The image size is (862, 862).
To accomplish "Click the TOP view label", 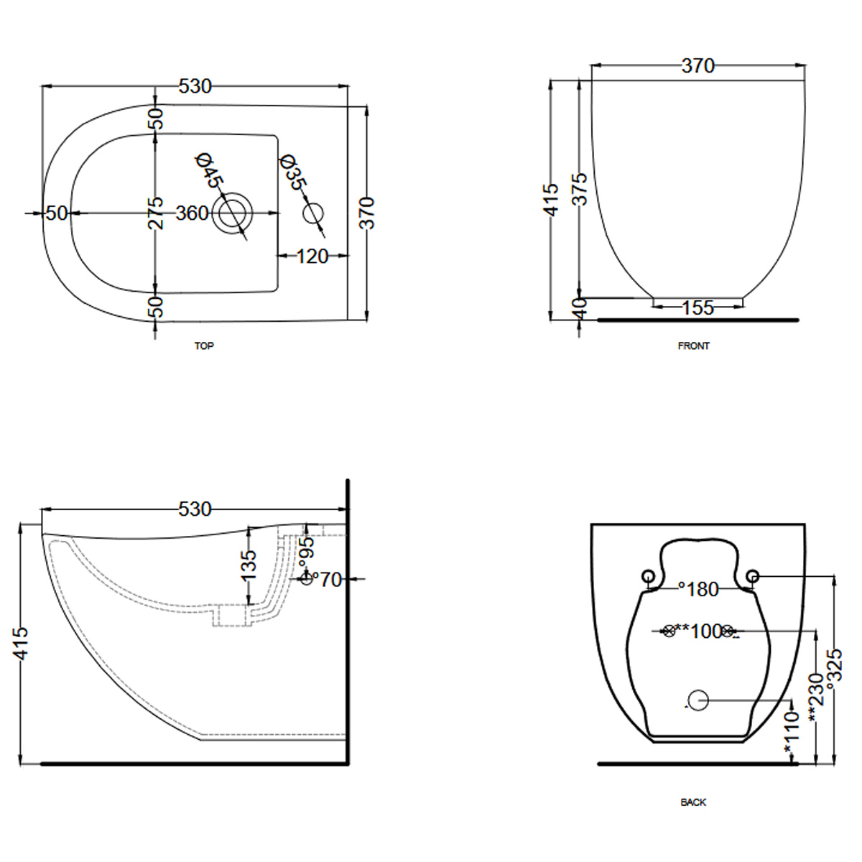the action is click(204, 346).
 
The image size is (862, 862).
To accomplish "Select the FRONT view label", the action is click(693, 346).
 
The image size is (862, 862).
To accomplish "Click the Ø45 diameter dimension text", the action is click(209, 172).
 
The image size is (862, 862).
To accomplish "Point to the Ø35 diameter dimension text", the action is click(294, 172).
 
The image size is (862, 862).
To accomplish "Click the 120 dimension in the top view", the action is click(312, 256).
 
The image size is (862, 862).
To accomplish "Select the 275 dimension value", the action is click(155, 213).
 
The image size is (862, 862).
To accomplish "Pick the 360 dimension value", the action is click(192, 213).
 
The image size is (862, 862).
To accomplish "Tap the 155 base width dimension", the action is click(698, 307).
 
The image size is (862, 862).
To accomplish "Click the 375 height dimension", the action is click(580, 189).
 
